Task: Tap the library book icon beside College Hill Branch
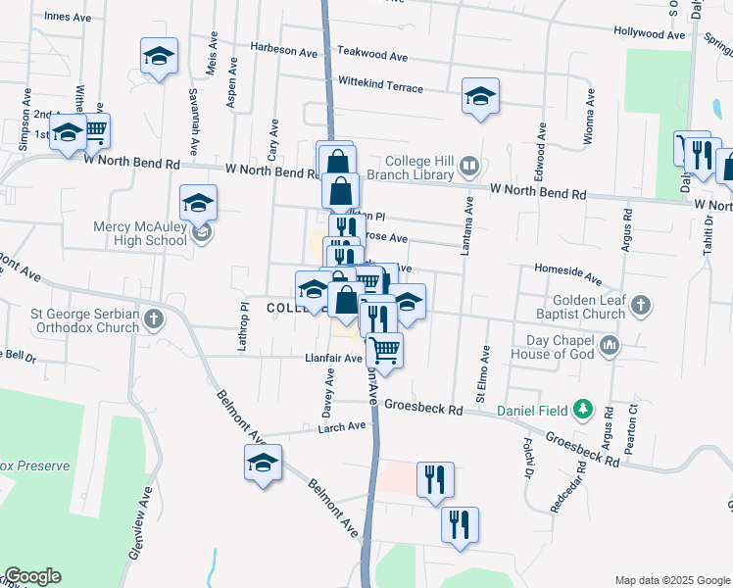469,168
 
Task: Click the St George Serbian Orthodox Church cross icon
153,318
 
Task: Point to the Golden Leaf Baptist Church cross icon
641,306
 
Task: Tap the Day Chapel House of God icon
611,345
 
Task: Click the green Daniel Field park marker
584,408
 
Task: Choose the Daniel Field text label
535,409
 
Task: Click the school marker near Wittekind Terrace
480,97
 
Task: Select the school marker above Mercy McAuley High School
199,204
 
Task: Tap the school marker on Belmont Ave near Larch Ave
263,464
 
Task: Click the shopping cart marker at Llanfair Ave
384,349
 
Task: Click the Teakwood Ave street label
371,57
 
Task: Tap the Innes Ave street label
68,17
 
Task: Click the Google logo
32,576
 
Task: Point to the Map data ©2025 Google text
671,580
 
